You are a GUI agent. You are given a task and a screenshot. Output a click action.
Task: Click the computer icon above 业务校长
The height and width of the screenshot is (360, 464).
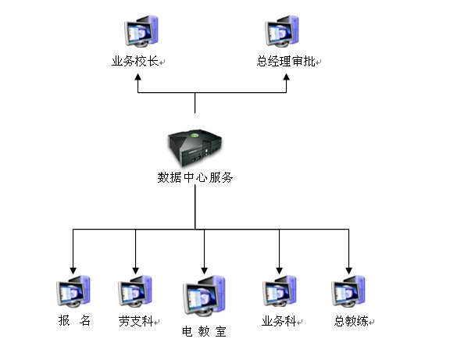[141, 30]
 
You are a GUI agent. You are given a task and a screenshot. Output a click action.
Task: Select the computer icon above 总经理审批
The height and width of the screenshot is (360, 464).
[282, 30]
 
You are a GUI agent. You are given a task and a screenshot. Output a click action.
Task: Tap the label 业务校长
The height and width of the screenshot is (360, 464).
[135, 62]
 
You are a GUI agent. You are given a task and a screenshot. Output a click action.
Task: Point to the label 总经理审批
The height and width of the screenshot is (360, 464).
[286, 62]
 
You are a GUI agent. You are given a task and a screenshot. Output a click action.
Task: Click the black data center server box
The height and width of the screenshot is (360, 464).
[195, 148]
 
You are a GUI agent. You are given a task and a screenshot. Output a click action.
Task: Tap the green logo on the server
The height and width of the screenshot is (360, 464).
[195, 136]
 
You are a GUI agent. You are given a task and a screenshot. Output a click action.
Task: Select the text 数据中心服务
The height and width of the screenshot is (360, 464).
[195, 177]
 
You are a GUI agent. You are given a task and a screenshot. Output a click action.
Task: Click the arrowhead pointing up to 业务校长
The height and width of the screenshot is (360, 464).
[138, 77]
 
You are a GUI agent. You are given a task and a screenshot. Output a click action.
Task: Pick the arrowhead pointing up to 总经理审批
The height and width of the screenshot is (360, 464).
[286, 77]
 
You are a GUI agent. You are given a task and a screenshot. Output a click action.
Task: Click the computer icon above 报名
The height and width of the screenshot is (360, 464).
[73, 290]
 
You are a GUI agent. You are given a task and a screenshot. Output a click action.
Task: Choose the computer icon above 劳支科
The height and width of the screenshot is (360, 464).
[135, 290]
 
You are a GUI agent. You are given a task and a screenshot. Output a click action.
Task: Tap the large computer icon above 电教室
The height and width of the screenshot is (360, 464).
[204, 296]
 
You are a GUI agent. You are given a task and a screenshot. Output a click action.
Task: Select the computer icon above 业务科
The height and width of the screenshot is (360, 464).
[280, 290]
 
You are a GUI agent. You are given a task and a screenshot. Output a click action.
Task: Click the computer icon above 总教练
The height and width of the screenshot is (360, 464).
[348, 290]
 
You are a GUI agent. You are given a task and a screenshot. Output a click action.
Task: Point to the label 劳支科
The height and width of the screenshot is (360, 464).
[136, 321]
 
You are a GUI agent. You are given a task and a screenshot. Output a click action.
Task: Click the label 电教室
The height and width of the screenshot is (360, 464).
[204, 332]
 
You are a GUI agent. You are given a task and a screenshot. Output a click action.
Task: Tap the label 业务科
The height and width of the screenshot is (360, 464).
[279, 321]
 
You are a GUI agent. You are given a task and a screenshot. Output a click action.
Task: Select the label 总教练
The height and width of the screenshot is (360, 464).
[352, 321]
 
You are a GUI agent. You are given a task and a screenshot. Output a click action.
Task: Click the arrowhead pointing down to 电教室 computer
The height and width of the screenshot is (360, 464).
[204, 271]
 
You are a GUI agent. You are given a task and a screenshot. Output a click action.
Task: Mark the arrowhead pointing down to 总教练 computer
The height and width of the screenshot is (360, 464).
[349, 271]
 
